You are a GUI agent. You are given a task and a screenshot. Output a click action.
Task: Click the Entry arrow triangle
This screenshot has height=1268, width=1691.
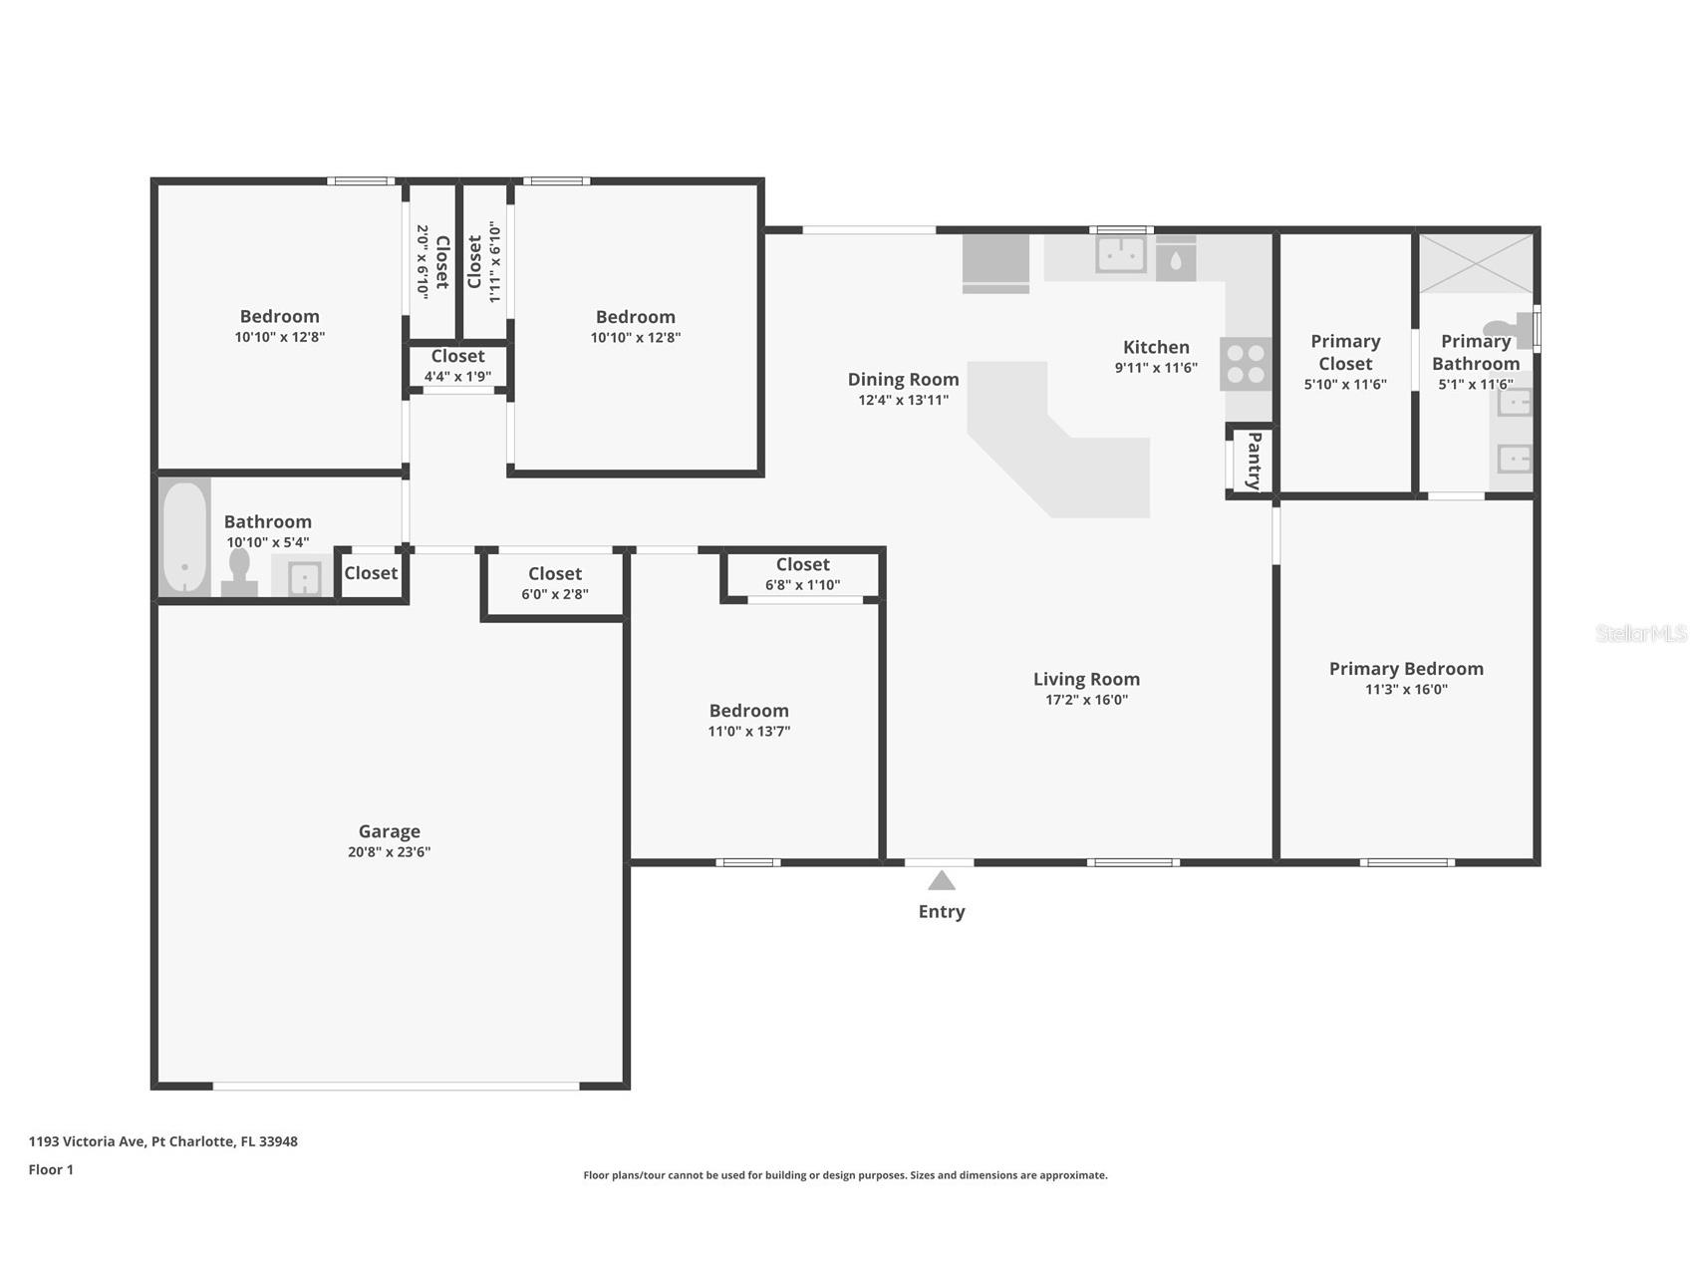click(x=942, y=880)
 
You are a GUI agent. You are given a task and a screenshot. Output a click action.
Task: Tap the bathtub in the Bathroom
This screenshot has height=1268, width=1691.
click(x=184, y=537)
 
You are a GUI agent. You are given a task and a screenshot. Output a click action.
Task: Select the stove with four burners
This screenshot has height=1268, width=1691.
click(x=1246, y=364)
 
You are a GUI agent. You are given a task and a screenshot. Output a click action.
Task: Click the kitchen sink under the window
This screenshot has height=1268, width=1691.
click(x=1121, y=254)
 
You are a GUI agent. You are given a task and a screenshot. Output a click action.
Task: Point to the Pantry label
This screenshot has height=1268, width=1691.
click(x=1254, y=461)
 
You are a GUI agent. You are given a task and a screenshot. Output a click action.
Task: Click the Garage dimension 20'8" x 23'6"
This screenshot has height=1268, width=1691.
click(x=389, y=852)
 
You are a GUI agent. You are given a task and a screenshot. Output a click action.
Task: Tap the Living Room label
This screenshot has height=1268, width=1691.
click(x=1086, y=679)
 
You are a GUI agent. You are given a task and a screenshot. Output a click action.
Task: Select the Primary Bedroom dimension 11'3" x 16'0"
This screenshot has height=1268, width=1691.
click(x=1406, y=690)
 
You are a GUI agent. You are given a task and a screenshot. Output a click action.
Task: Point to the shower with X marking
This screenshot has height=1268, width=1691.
click(x=1476, y=263)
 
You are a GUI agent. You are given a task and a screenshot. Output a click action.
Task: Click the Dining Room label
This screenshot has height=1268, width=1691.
click(x=903, y=379)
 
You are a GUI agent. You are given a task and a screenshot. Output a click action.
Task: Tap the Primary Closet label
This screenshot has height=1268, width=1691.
click(x=1345, y=352)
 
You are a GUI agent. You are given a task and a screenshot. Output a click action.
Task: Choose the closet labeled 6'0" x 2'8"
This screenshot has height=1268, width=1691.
click(x=555, y=583)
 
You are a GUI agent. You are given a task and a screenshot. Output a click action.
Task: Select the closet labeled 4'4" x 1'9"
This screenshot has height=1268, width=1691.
click(x=457, y=365)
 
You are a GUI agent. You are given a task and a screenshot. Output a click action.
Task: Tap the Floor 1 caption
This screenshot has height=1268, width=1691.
click(x=51, y=1169)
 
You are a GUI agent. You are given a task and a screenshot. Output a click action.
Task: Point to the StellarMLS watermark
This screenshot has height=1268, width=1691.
click(x=1639, y=633)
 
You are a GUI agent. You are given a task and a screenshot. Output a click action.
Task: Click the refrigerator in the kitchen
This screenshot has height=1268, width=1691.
click(x=995, y=263)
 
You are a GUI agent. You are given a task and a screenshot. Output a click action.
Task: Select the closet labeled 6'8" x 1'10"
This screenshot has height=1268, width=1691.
click(x=802, y=573)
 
